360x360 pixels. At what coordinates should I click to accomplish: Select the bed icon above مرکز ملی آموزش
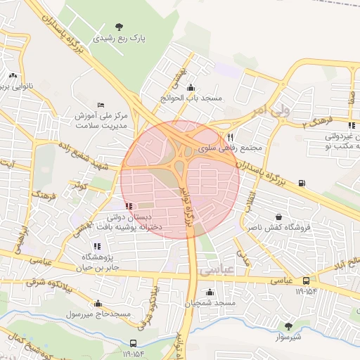pos(101,104)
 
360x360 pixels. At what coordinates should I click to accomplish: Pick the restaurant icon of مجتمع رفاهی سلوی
pos(229,138)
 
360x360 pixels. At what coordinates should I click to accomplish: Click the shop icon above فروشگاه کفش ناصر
pos(280,217)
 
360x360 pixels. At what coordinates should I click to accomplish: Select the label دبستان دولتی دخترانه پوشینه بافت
pos(134,222)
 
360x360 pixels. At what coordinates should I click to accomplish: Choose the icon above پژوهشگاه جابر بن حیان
pos(96,246)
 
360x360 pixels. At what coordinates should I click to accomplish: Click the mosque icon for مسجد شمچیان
pos(209,292)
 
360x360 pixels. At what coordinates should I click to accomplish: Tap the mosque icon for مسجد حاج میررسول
pos(97,304)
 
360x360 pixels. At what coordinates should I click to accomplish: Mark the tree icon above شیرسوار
pos(288,326)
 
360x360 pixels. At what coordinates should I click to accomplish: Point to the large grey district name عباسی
pos(215,269)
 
